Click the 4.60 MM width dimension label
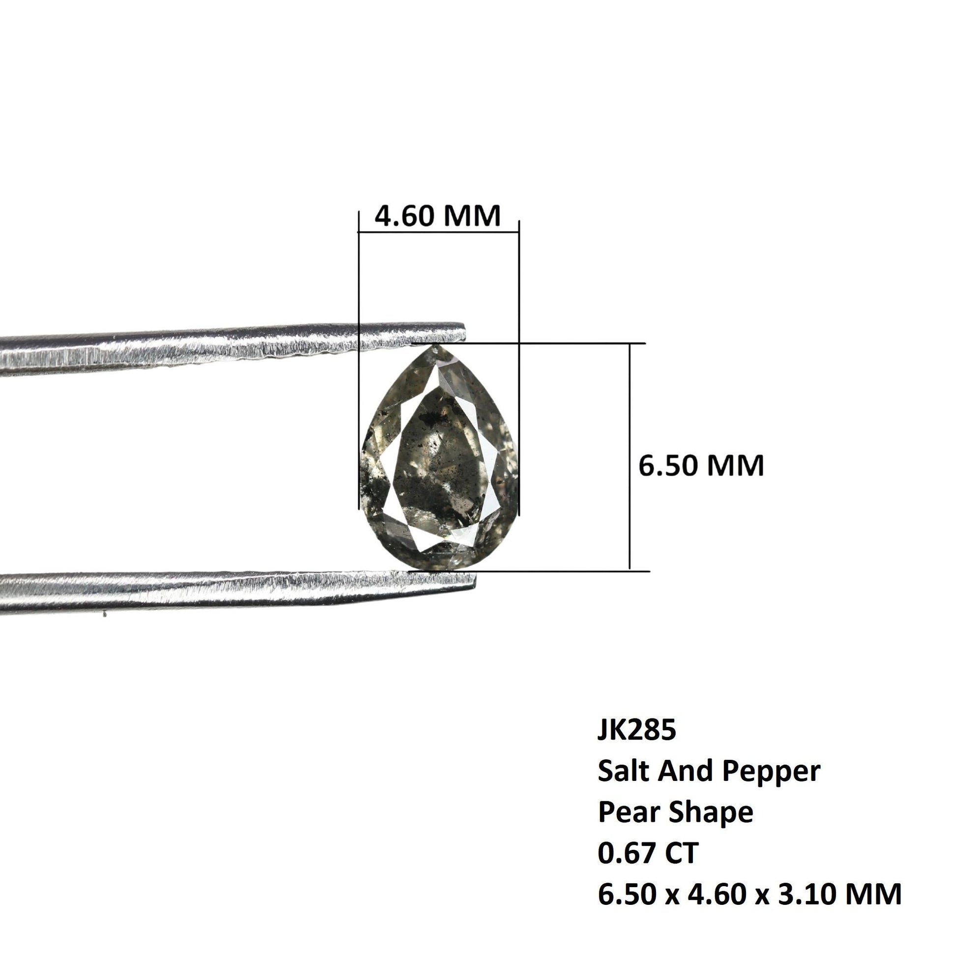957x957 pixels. point(437,216)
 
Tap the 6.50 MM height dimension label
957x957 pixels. point(701,466)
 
